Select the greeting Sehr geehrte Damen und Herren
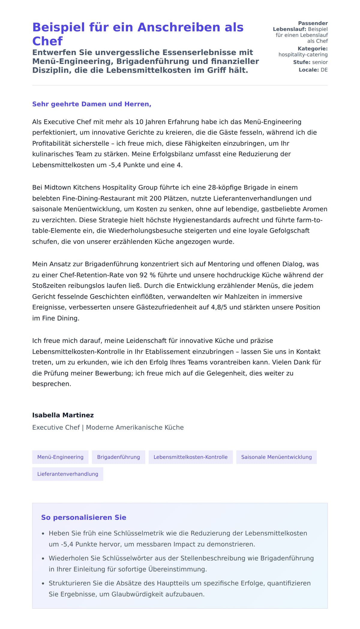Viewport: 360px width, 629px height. tap(91, 104)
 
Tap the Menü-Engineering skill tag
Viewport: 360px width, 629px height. tap(60, 457)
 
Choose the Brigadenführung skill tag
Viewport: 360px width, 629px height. tap(118, 457)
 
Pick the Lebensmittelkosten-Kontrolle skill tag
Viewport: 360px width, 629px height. tap(190, 457)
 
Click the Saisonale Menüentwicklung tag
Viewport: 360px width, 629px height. tap(276, 457)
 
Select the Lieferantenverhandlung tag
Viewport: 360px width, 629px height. tap(67, 474)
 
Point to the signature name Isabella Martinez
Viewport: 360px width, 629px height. tap(63, 415)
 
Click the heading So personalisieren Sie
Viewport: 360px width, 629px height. tap(84, 517)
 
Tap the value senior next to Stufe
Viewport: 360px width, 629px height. tap(320, 62)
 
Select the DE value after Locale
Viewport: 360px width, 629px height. tap(324, 70)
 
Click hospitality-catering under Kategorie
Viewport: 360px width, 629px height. tap(303, 55)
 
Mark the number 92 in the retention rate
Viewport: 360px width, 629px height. tap(144, 275)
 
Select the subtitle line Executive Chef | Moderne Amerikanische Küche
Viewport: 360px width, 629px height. tap(108, 428)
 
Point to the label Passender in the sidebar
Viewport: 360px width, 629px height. tap(313, 23)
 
